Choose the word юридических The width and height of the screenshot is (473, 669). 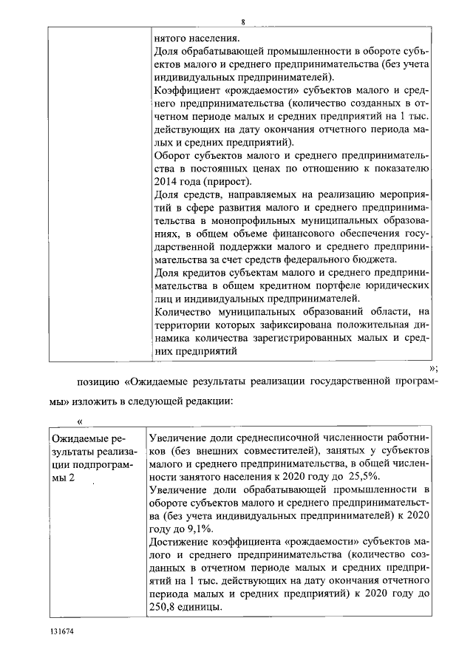point(398,285)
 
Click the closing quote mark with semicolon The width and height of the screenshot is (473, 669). point(434,367)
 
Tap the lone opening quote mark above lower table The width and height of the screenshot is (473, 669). point(81,421)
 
